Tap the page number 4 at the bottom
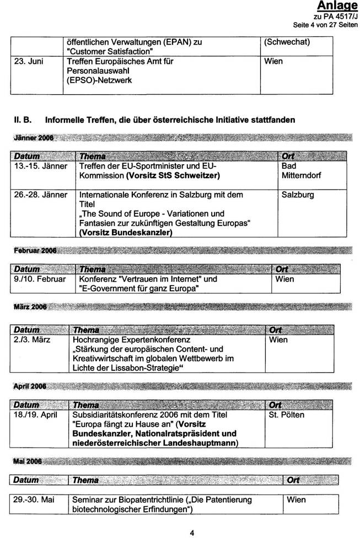[192, 532]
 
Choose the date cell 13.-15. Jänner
[41, 166]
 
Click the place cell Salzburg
[297, 195]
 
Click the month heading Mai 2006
[26, 460]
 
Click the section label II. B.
[25, 119]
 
